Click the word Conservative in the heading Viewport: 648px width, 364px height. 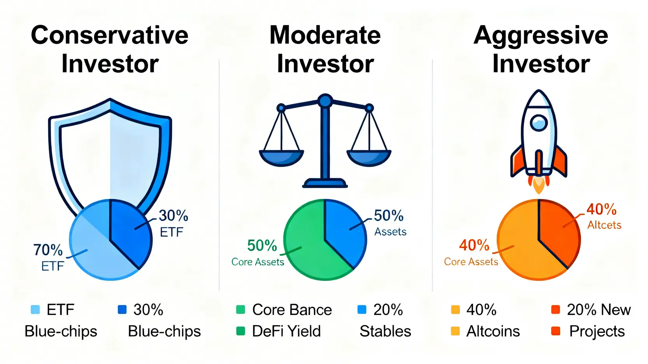[x=110, y=35]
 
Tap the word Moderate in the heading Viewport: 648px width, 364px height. [x=325, y=35]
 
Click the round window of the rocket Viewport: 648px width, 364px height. [x=538, y=123]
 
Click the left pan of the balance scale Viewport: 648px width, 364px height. [x=281, y=158]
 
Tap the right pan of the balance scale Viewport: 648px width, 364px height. [x=369, y=158]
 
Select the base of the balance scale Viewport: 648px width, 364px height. [x=325, y=183]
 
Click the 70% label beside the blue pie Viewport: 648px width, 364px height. [x=48, y=250]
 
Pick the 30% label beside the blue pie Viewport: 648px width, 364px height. [x=173, y=216]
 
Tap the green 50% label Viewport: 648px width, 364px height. [x=262, y=246]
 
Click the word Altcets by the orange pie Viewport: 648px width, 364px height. [x=604, y=225]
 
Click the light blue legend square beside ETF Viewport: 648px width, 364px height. [x=35, y=309]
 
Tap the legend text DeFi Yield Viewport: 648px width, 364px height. [x=286, y=331]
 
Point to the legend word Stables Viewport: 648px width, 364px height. [x=385, y=331]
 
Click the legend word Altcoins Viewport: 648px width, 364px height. [x=493, y=331]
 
